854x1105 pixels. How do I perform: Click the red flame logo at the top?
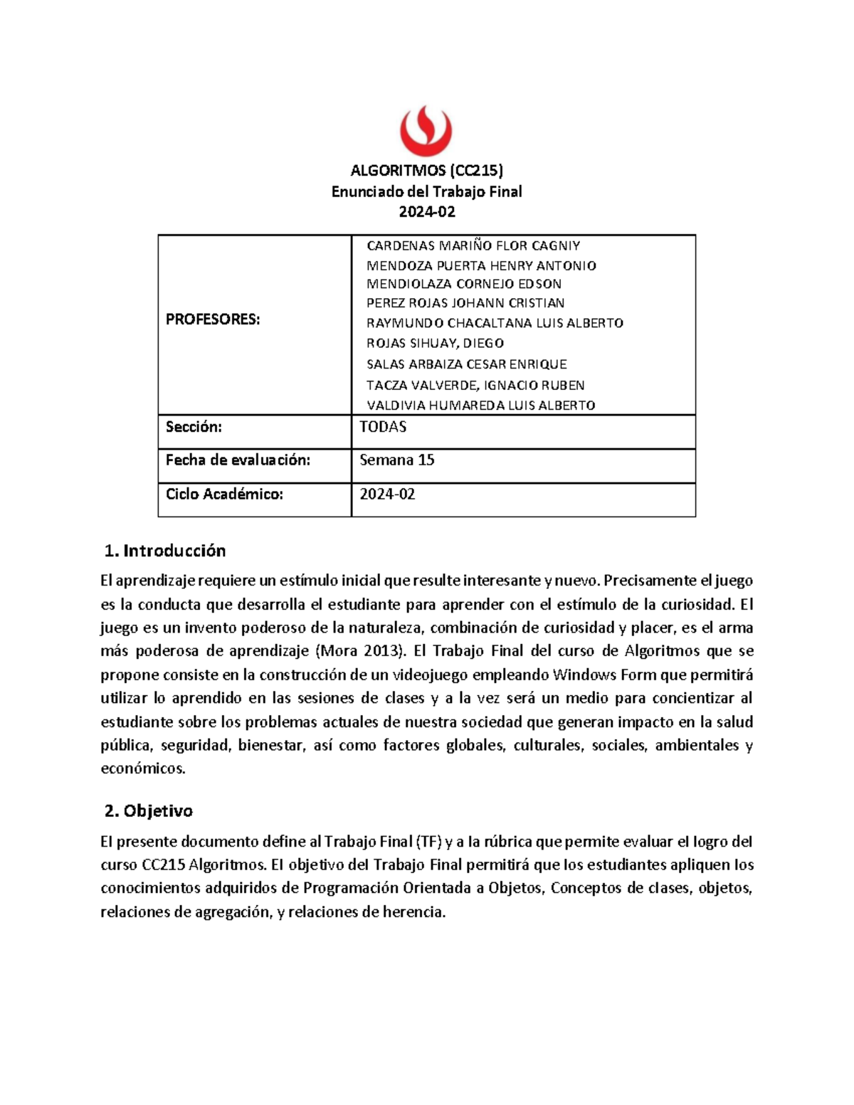coord(426,131)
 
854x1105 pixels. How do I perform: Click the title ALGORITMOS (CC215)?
coord(427,170)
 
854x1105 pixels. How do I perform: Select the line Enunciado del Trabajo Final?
coord(427,191)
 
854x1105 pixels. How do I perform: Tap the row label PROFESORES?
coord(213,319)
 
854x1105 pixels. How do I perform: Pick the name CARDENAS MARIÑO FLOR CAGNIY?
coord(473,246)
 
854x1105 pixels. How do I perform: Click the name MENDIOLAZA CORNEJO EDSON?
coord(464,284)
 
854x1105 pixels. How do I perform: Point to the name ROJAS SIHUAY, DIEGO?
coord(435,343)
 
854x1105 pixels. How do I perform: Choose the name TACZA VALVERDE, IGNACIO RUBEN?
coord(475,386)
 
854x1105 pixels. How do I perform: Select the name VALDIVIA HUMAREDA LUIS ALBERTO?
coord(480,406)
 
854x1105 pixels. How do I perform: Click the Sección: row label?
coord(194,427)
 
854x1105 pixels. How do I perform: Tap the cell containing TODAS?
coord(383,427)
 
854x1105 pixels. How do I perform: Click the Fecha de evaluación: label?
coord(238,460)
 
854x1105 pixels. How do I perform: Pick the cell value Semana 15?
coord(397,460)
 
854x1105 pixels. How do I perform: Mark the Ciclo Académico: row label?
coord(224,494)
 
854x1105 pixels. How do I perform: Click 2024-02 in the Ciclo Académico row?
coord(387,494)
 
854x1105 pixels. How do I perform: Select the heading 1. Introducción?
coord(165,551)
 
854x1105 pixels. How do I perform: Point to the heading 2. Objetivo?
coord(148,811)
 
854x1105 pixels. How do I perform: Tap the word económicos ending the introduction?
coord(142,768)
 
